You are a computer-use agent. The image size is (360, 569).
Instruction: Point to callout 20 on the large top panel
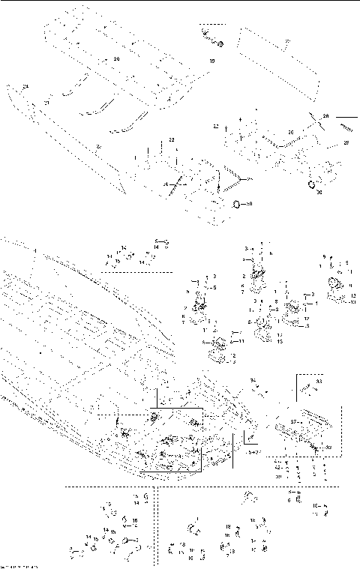pyautogui.click(x=116, y=58)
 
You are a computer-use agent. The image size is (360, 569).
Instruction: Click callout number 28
pyautogui.click(x=325, y=115)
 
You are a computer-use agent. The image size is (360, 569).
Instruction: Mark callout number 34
pyautogui.click(x=253, y=380)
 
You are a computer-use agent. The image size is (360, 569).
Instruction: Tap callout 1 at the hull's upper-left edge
pyautogui.click(x=33, y=248)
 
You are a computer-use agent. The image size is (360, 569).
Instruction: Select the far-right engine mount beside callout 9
pyautogui.click(x=334, y=288)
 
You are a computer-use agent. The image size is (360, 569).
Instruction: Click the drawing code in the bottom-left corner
pyautogui.click(x=18, y=565)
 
